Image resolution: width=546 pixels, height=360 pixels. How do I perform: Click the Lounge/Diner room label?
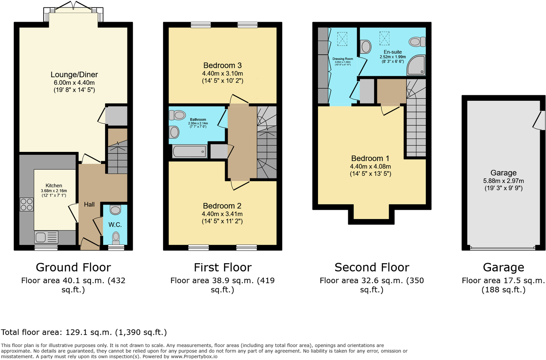tap(74, 75)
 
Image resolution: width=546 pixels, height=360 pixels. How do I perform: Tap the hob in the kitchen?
tap(26, 204)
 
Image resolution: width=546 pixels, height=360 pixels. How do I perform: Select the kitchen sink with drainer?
tap(46, 237)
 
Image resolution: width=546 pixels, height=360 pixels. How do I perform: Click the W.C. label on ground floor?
tap(115, 225)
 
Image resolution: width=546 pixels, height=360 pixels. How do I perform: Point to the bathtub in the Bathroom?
tap(190, 151)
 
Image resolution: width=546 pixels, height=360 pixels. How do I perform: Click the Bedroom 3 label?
tap(222, 66)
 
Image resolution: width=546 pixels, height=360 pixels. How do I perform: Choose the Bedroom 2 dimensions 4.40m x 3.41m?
tap(222, 214)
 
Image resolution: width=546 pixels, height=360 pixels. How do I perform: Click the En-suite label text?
tap(393, 52)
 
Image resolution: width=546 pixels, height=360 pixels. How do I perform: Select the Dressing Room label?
tap(343, 59)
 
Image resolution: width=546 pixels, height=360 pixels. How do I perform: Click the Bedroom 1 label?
tap(370, 158)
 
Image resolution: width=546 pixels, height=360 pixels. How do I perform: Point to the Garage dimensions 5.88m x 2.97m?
tap(503, 181)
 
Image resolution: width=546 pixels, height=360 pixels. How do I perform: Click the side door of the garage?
tap(539, 120)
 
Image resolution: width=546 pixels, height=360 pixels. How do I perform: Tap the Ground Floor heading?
tap(73, 268)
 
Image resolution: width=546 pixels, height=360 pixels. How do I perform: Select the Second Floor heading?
tap(372, 268)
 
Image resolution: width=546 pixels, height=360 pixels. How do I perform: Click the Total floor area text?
tap(84, 332)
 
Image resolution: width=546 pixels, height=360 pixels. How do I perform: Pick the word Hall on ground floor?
tap(89, 204)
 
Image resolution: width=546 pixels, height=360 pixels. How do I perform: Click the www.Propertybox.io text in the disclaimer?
tap(194, 356)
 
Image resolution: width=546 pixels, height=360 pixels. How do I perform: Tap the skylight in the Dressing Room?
tap(342, 39)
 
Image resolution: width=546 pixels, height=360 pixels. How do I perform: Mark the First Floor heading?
tap(222, 268)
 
